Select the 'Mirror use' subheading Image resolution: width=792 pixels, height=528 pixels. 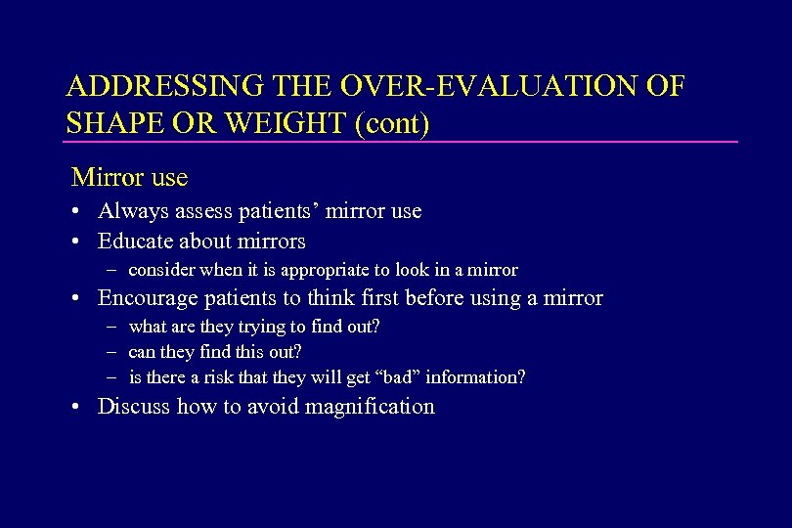[129, 178]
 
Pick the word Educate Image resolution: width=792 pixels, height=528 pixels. [138, 241]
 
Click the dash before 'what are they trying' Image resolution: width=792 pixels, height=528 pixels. [113, 327]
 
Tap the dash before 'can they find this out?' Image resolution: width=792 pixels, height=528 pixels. [113, 352]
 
